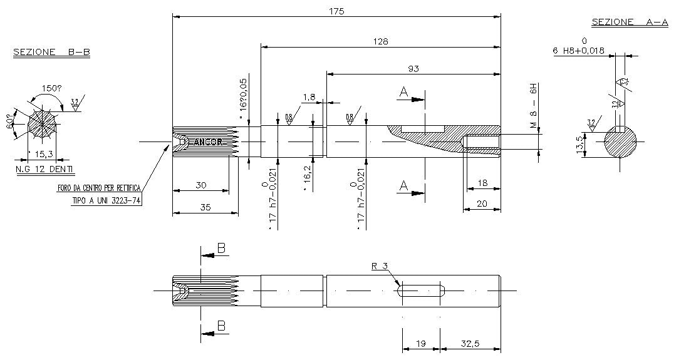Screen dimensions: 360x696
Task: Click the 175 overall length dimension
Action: [x=336, y=11]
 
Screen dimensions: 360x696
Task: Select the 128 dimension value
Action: [x=380, y=41]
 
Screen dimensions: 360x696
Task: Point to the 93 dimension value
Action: [x=413, y=68]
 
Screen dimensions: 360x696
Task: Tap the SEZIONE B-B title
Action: [x=51, y=53]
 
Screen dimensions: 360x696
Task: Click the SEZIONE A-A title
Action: [x=630, y=22]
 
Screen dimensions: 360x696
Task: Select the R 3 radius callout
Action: [x=380, y=266]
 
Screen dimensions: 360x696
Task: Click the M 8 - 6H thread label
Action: [x=534, y=106]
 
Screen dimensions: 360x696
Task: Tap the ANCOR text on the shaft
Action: [x=208, y=142]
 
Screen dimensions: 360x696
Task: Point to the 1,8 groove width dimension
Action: [x=309, y=97]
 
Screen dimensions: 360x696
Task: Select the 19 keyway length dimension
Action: [x=421, y=344]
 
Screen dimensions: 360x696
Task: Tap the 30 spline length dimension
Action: [x=200, y=185]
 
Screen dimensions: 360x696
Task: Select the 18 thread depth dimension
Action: [x=483, y=182]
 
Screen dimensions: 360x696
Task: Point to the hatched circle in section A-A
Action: [x=620, y=143]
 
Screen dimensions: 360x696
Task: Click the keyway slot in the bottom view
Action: [x=421, y=291]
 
